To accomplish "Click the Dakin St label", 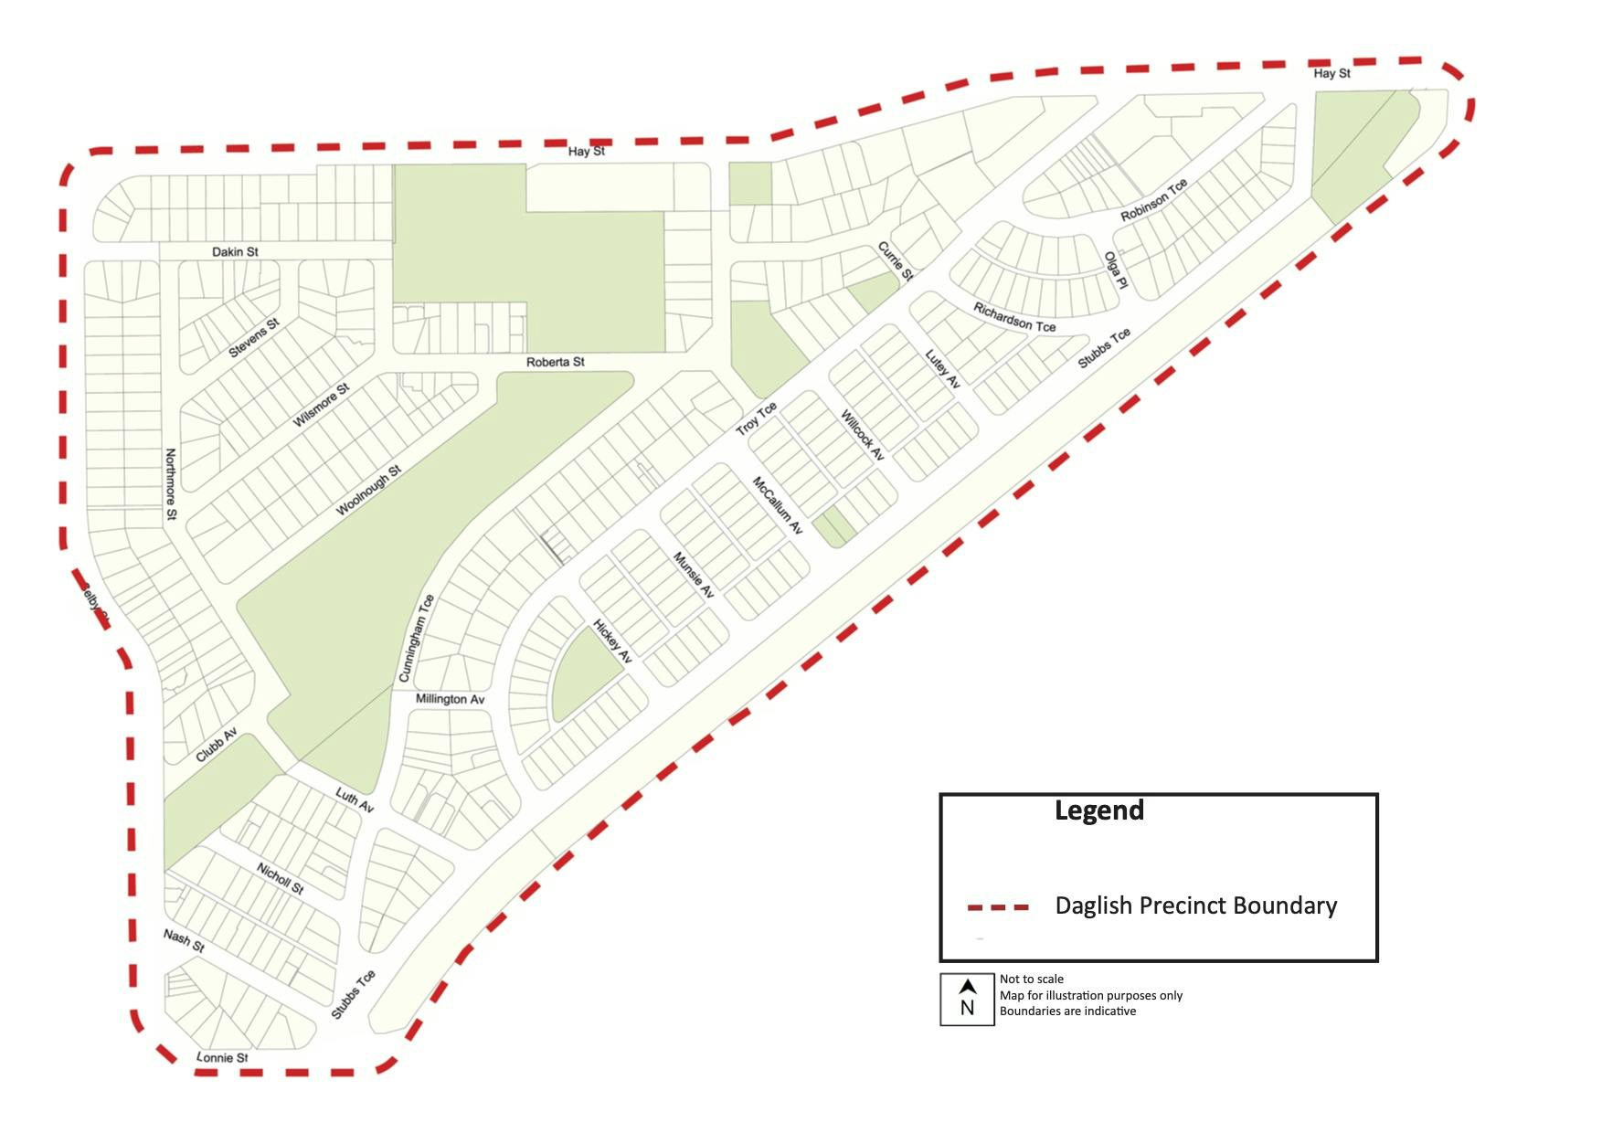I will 235,251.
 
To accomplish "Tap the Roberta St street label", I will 555,362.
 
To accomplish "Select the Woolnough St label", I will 368,491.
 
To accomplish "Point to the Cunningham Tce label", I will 416,638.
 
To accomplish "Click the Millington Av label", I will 450,699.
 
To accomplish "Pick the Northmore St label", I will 171,484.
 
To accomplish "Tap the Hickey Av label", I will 612,641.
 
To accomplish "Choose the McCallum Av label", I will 777,504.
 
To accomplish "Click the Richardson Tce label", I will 1013,317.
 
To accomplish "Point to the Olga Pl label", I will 1116,270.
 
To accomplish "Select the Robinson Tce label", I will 1154,200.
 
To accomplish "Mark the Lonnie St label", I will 222,1057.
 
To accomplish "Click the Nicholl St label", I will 280,878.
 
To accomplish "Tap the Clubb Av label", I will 217,745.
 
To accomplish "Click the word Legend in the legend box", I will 1098,810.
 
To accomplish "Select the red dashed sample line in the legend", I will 998,907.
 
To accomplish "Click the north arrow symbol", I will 967,988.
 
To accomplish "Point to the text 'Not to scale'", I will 1031,979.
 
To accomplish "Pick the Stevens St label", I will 253,338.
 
